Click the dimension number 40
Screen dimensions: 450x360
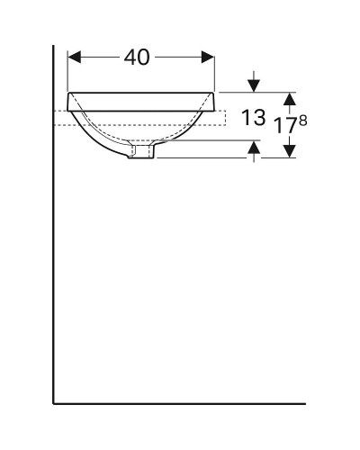point(136,58)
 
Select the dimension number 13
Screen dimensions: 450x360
point(255,116)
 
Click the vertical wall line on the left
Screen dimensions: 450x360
point(54,270)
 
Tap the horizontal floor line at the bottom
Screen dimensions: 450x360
point(180,402)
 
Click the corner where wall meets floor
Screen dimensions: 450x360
point(54,402)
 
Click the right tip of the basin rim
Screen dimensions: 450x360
point(215,93)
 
